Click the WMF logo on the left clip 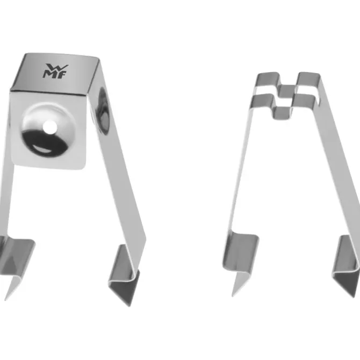pos(55,71)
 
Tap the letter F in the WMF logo pos(62,75)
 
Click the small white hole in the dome pos(50,127)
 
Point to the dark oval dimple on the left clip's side pos(103,110)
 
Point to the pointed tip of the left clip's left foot pos(5,299)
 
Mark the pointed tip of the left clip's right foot pos(129,306)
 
